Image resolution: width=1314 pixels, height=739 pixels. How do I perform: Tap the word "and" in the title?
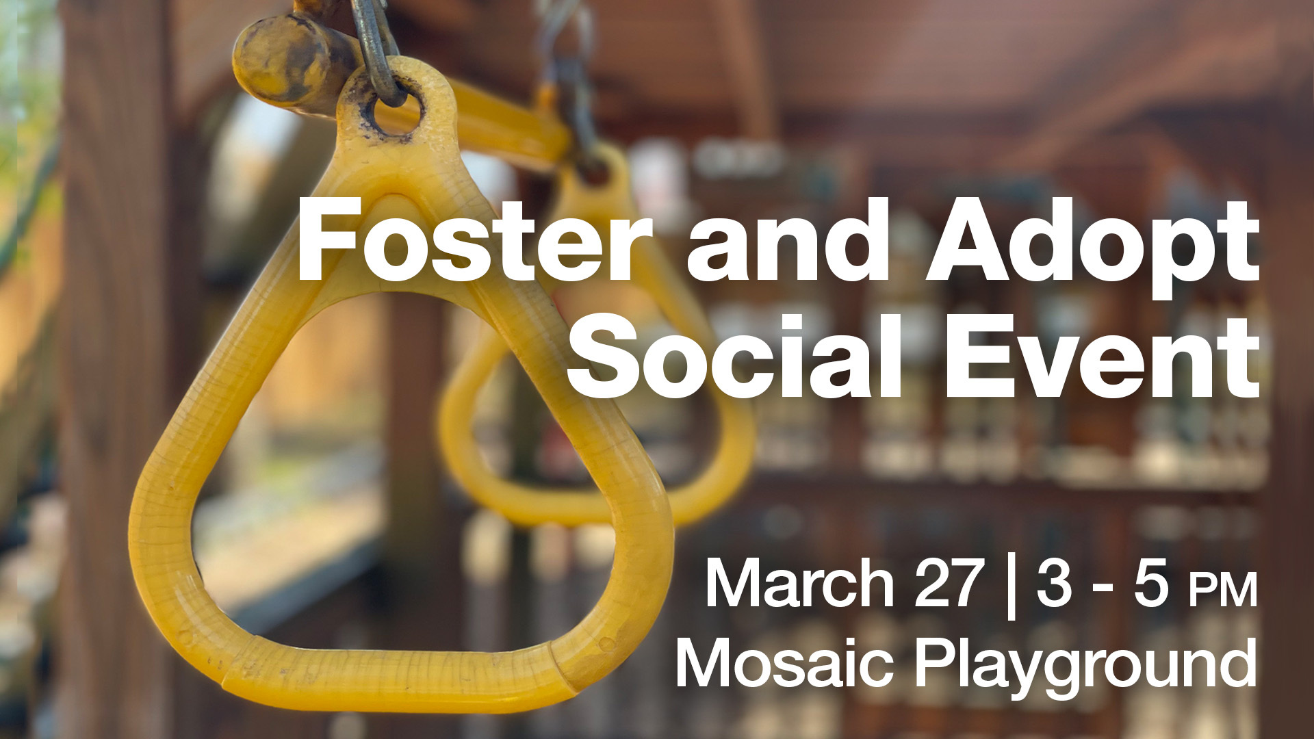click(787, 242)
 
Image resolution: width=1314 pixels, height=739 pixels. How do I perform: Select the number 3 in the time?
click(1053, 583)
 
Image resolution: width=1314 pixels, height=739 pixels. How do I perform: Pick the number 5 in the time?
click(1151, 583)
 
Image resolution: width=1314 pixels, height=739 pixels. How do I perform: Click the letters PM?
click(1223, 591)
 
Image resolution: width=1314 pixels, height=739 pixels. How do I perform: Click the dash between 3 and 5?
click(1103, 590)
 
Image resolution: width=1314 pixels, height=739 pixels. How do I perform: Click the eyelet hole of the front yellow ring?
click(395, 110)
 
